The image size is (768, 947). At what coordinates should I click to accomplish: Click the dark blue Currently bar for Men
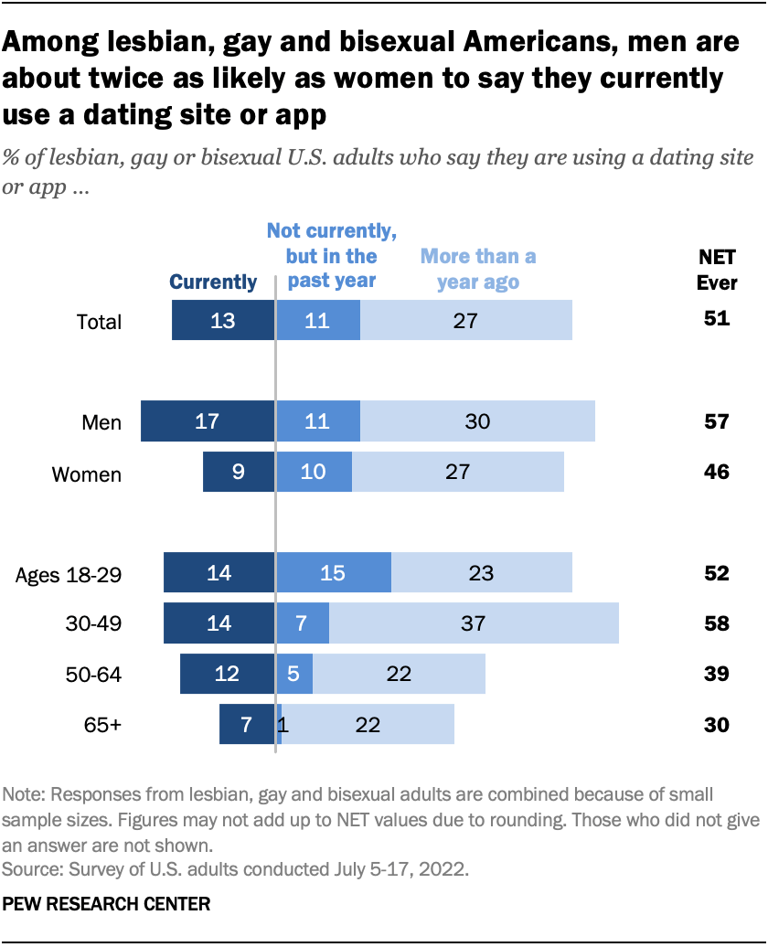[x=208, y=421]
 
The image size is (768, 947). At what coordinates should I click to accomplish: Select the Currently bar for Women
[x=239, y=472]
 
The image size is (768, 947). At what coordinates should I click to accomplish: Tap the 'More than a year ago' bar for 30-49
[x=474, y=623]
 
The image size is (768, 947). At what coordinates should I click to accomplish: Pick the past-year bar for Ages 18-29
[x=334, y=573]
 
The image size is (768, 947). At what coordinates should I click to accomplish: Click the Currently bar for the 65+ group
[x=247, y=725]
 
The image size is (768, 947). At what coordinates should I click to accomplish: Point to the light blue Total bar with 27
[x=466, y=321]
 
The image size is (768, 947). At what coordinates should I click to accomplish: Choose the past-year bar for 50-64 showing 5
[x=294, y=675]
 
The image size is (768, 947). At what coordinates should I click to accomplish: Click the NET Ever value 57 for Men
[x=716, y=421]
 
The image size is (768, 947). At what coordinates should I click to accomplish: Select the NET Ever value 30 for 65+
[x=716, y=725]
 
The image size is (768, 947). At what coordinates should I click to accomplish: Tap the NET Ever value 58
[x=716, y=623]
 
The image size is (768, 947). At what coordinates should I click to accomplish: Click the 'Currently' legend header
[x=214, y=282]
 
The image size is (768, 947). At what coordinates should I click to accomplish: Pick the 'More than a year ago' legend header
[x=478, y=269]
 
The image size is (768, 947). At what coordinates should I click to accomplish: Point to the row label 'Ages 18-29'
[x=69, y=575]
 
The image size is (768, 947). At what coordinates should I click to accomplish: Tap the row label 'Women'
[x=86, y=474]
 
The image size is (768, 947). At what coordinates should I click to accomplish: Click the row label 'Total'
[x=99, y=323]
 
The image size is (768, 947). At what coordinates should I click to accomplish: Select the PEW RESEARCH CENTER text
[x=108, y=904]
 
